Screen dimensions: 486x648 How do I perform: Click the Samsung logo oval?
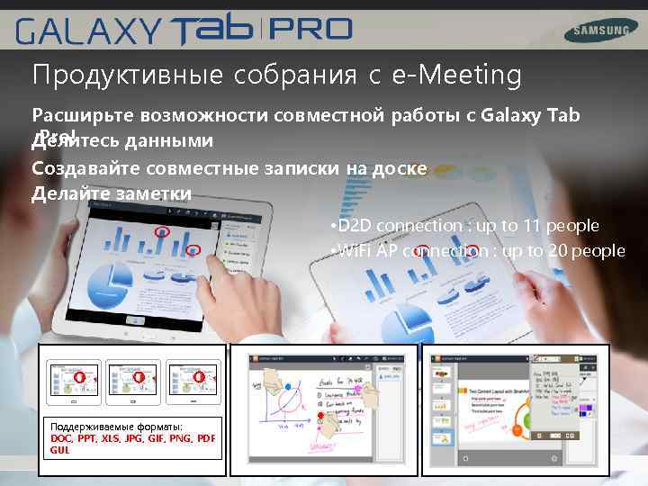pyautogui.click(x=597, y=31)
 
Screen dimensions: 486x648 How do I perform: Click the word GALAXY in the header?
pyautogui.click(x=86, y=33)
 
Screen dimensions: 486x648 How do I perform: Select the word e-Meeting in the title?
pyautogui.click(x=457, y=76)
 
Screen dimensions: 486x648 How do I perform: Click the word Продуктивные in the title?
pyautogui.click(x=126, y=76)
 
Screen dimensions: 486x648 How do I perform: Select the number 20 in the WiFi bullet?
pyautogui.click(x=559, y=250)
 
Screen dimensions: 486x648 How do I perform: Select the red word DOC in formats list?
pyautogui.click(x=62, y=438)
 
